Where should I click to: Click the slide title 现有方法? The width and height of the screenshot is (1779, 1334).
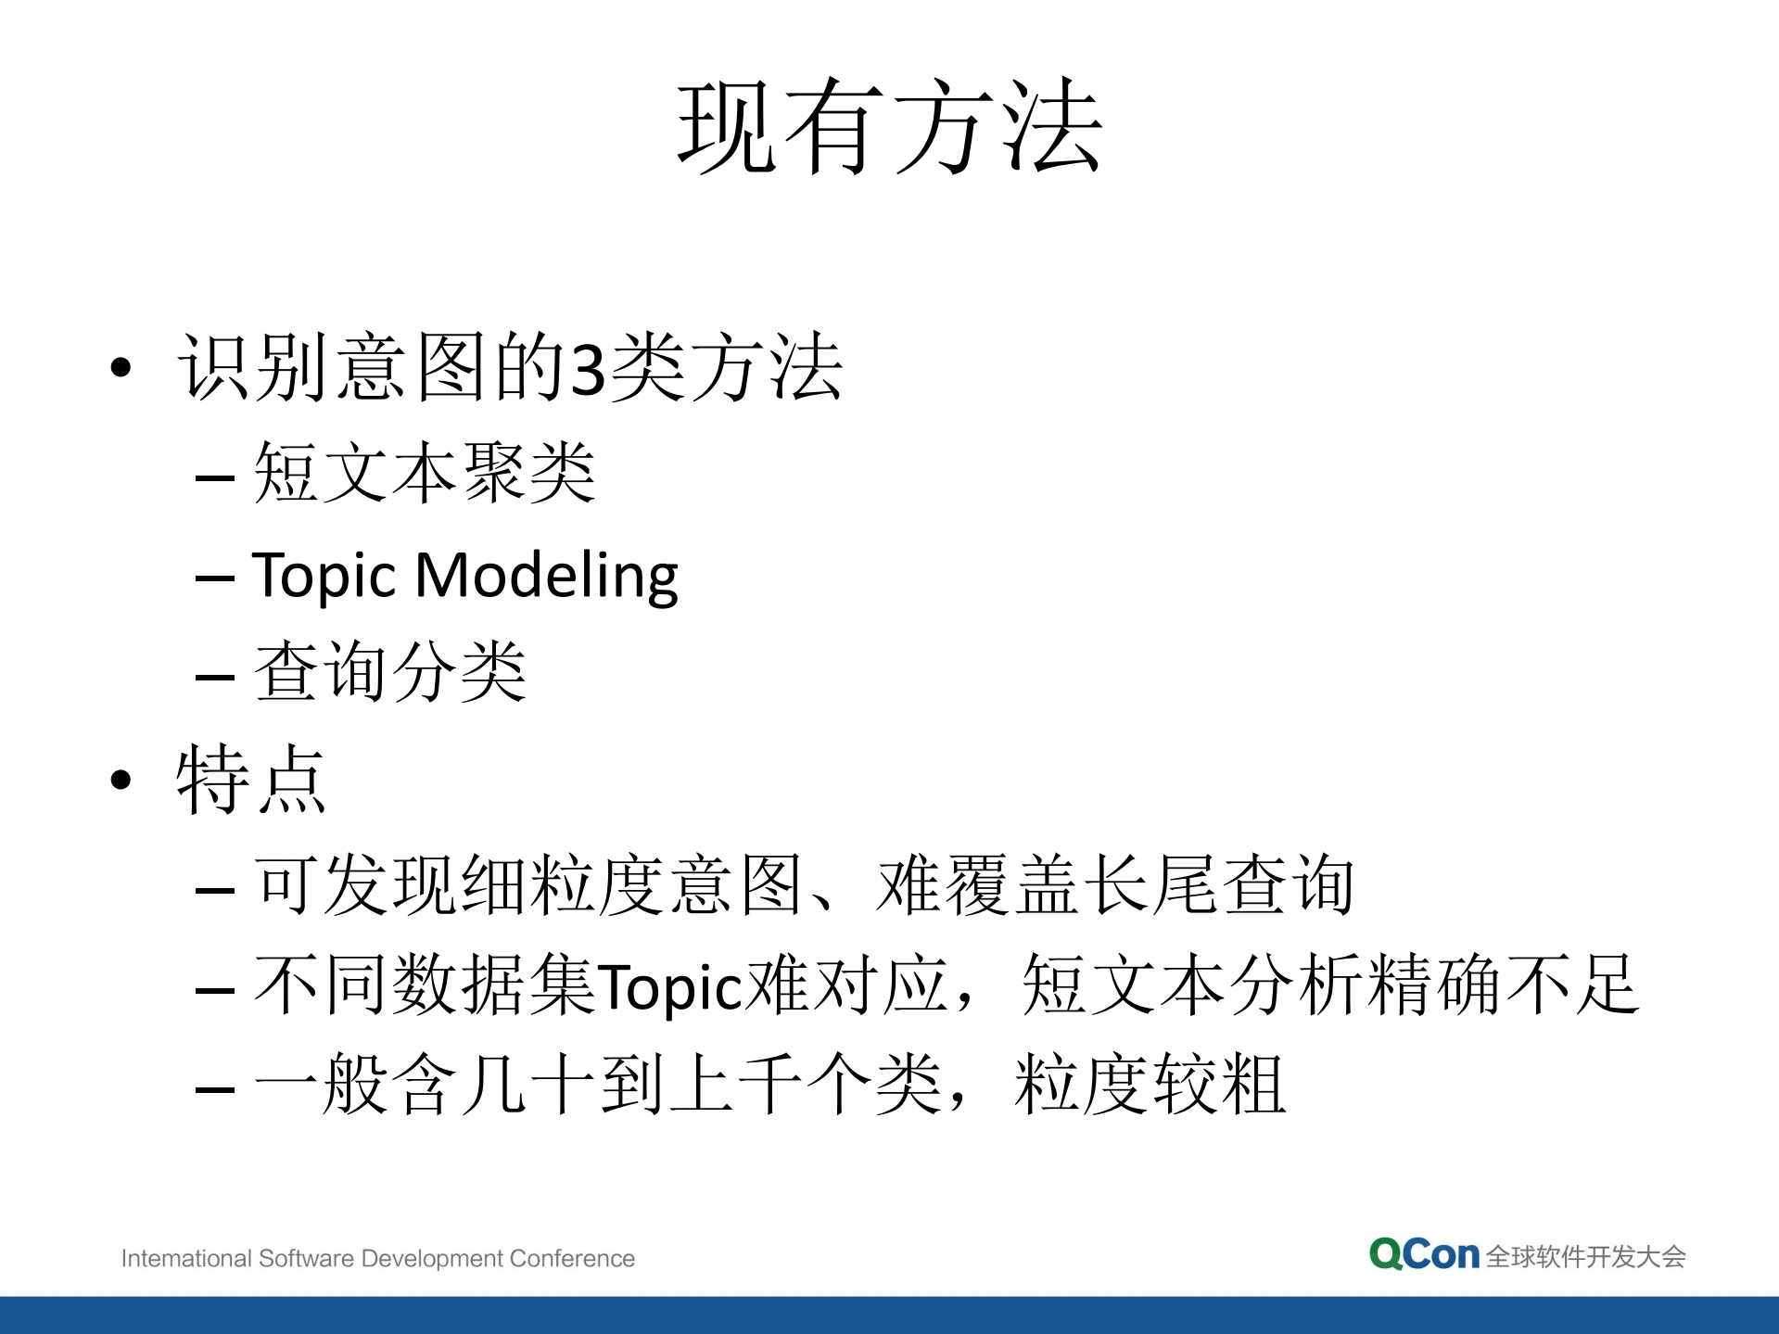coord(889,127)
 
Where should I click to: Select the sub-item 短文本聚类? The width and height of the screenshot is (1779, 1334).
coord(425,473)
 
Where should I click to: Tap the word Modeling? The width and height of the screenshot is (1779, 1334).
coord(547,576)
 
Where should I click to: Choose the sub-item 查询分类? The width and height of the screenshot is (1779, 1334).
coord(390,671)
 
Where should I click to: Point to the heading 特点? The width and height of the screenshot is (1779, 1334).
coord(251,779)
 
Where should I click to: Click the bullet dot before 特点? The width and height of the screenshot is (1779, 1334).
coord(121,781)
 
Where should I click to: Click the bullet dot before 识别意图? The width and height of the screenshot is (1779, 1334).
coord(121,368)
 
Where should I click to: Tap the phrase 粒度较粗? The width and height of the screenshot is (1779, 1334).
coord(1150,1084)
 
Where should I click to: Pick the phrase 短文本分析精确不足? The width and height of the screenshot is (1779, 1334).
coord(1330,985)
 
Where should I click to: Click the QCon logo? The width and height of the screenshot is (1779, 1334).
coord(1423,1254)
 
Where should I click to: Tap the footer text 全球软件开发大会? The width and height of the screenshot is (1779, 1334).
coord(1585,1257)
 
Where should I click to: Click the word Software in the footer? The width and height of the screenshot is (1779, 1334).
coord(306,1258)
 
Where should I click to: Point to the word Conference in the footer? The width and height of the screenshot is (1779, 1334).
coord(572,1258)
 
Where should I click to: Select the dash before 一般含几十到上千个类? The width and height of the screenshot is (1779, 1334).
coord(214,1087)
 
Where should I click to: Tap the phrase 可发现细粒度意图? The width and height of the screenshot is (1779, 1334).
coord(527,885)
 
